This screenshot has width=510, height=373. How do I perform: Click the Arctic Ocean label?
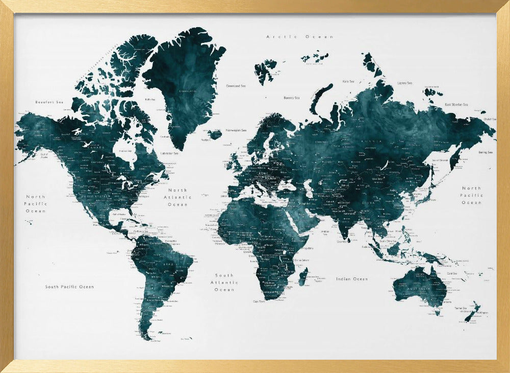coord(300,37)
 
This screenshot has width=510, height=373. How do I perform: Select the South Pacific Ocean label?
coord(69,287)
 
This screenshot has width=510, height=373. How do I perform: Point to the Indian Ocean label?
coord(352,279)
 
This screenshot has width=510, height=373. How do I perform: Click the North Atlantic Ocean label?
coord(178,197)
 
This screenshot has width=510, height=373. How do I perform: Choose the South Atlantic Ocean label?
coord(224,283)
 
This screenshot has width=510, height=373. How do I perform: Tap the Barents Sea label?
coord(292,98)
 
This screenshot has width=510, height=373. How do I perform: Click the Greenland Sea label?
coord(237,86)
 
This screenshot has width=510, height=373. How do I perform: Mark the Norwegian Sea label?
coord(236,130)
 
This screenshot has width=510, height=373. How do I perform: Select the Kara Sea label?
coord(348,81)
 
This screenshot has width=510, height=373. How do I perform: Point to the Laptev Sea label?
coord(404,82)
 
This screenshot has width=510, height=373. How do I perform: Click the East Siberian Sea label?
coord(456,104)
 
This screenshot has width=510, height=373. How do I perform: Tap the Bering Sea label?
coord(486,152)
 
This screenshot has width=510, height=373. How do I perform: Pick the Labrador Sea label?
coord(169,153)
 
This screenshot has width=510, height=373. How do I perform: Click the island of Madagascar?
coord(302,277)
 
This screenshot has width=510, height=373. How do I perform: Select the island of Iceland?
coord(215,134)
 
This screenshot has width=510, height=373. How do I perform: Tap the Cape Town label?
coord(259,301)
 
